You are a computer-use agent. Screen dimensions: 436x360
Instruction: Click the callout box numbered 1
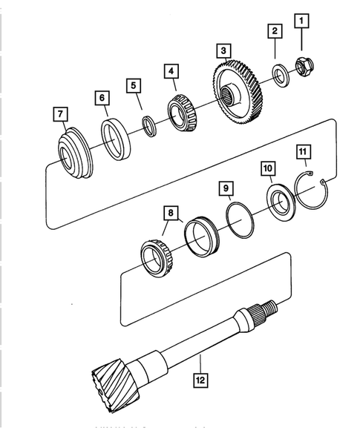[301, 21]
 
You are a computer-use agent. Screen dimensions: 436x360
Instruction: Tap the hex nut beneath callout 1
[303, 65]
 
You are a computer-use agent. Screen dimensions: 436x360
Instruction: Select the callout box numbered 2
[275, 31]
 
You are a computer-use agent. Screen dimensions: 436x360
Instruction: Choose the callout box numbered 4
[171, 72]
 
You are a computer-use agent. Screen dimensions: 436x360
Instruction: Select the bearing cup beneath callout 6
[116, 139]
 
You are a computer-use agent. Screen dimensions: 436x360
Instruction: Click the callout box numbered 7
[59, 114]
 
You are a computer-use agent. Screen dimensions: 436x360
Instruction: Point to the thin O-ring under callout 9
[238, 220]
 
